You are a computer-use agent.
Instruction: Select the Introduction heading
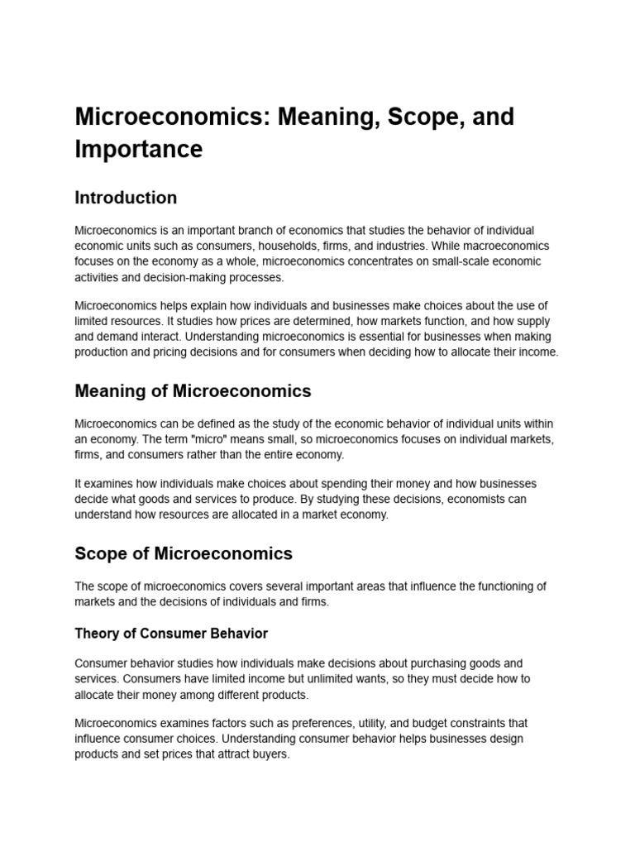click(126, 198)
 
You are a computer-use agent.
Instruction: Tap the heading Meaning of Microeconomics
click(193, 390)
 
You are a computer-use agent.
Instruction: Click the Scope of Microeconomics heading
click(184, 553)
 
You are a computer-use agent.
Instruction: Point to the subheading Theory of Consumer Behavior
click(171, 634)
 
